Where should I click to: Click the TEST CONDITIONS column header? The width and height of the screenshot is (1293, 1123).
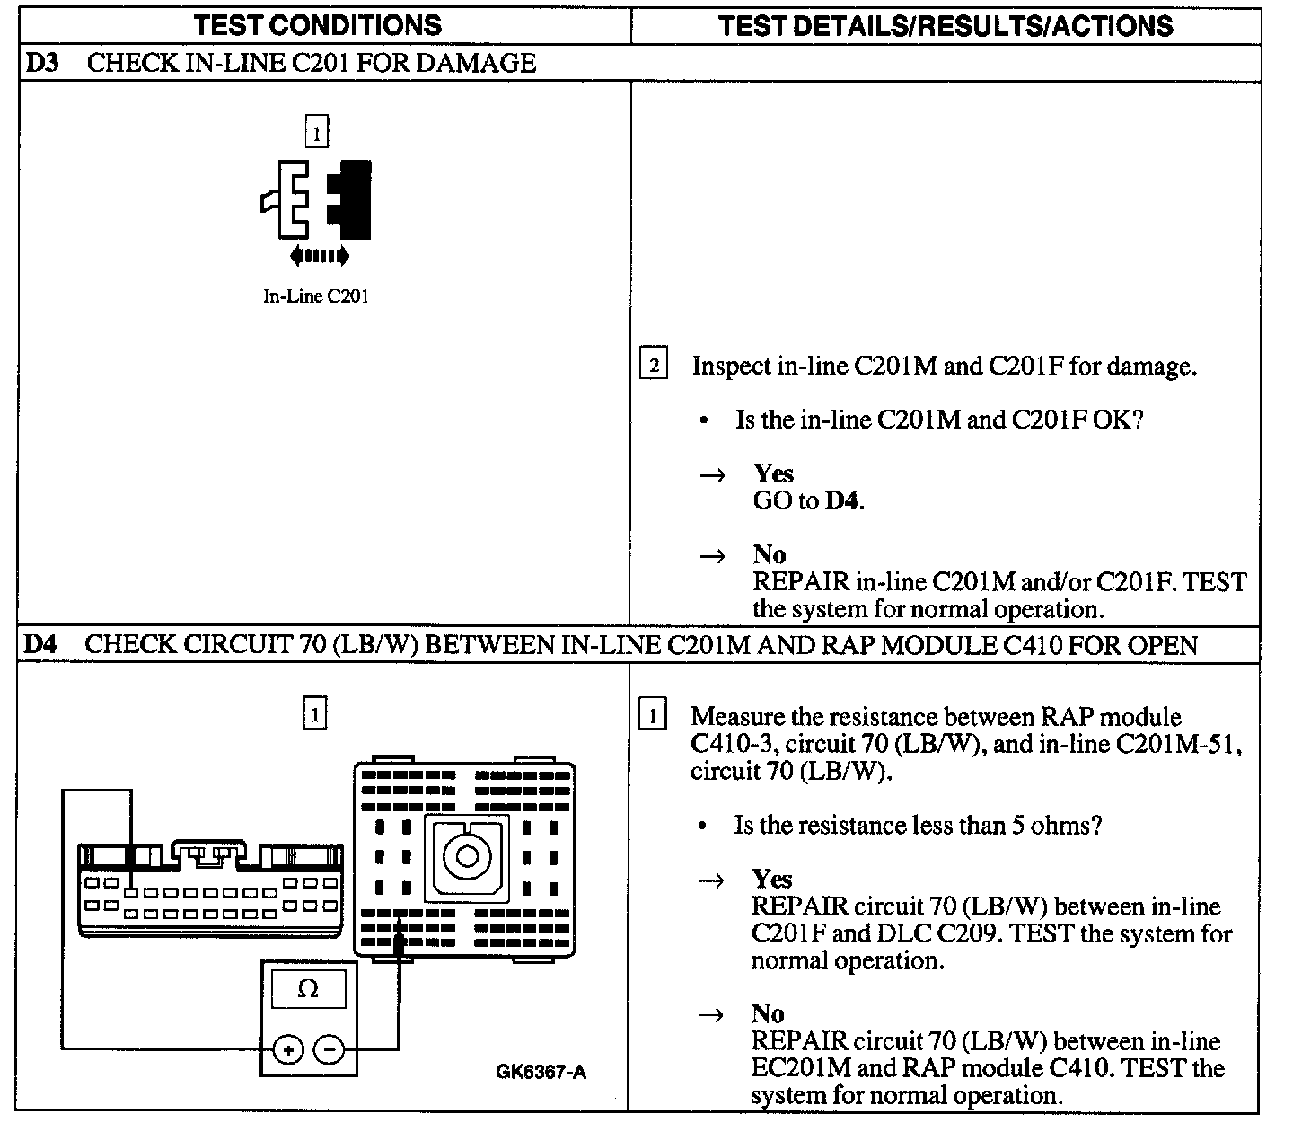tap(318, 25)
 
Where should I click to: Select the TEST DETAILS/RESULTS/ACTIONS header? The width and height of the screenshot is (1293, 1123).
tap(946, 25)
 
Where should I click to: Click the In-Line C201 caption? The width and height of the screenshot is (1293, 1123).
tap(315, 296)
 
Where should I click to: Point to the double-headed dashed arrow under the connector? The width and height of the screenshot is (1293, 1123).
tap(320, 257)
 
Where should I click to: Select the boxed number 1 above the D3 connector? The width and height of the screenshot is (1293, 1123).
tap(316, 133)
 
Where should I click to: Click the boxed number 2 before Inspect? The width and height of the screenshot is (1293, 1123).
tap(653, 366)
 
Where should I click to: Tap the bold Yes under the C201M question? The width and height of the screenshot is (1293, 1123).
tap(773, 473)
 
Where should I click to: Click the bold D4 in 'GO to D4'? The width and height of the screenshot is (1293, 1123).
tap(842, 501)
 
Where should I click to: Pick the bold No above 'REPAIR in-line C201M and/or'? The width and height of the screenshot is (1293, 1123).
tap(770, 554)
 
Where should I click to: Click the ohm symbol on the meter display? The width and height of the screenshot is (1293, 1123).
tap(307, 989)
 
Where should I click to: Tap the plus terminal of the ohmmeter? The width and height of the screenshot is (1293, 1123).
tap(287, 1048)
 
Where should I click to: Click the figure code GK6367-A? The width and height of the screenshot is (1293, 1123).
tap(541, 1072)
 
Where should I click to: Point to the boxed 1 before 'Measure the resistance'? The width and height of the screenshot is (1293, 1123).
tap(652, 716)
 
